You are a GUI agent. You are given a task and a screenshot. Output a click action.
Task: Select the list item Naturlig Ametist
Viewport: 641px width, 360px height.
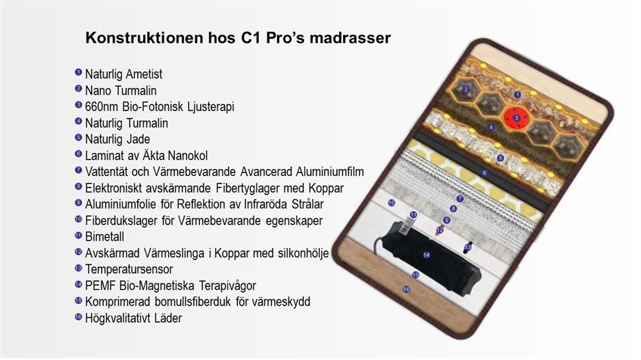(123, 74)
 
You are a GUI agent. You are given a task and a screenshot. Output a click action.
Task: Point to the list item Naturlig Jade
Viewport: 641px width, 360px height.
(117, 139)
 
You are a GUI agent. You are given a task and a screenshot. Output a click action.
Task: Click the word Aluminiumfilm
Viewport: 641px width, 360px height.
(330, 172)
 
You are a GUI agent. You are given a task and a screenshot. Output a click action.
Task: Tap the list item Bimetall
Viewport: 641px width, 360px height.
(104, 237)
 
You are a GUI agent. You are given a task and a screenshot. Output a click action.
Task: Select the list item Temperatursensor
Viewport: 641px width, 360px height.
(129, 269)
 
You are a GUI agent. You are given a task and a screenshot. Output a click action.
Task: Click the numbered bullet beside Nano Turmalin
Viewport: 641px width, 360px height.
(78, 88)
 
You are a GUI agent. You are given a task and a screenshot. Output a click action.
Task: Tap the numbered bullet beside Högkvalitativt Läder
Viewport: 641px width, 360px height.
(78, 316)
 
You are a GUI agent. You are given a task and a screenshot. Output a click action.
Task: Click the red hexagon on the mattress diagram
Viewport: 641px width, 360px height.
(516, 118)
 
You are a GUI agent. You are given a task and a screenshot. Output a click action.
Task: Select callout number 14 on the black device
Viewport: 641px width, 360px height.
(426, 255)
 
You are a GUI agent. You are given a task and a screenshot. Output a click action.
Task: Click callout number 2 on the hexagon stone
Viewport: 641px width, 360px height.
(466, 89)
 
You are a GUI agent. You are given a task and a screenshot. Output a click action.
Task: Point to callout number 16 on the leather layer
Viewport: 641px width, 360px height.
(406, 289)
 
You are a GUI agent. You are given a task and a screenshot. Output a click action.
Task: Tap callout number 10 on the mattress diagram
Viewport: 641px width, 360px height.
(391, 202)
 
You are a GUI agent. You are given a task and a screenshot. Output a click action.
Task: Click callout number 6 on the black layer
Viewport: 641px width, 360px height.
(484, 173)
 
